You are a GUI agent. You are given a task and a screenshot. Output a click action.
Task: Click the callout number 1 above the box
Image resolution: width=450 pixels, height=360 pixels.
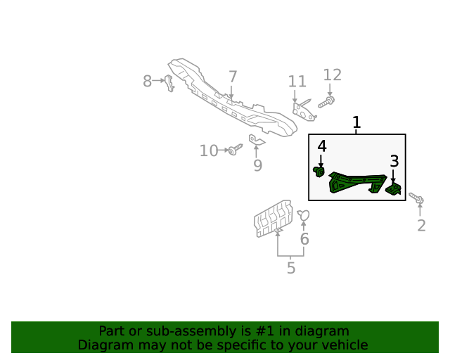[356, 123]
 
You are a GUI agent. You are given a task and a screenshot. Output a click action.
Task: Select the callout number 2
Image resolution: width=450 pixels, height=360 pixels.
[421, 226]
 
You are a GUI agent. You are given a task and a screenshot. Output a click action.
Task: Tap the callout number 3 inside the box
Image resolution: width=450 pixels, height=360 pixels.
[394, 161]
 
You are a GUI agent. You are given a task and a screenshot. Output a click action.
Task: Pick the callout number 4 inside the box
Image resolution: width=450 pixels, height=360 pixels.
[322, 146]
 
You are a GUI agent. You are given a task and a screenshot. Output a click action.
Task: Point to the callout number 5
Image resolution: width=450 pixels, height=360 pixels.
[290, 268]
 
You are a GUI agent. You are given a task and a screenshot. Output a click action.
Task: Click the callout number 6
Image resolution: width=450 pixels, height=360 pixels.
[304, 239]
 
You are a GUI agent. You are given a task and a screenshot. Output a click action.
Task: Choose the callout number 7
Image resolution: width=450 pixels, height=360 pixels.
[233, 77]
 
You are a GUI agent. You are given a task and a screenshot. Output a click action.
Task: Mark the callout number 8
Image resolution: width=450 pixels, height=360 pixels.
[147, 82]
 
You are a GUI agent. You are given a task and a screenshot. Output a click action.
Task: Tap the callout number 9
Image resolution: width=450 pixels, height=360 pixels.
[257, 165]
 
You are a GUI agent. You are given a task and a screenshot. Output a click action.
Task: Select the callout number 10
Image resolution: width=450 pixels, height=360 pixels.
[209, 150]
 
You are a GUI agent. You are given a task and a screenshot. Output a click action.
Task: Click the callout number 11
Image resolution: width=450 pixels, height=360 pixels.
[297, 82]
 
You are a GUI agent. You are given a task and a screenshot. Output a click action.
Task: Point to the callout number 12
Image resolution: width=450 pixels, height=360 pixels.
[332, 75]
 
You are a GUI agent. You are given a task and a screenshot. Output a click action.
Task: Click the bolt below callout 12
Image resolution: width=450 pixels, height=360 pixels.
[327, 103]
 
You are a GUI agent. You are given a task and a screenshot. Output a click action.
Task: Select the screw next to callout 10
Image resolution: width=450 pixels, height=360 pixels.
[235, 149]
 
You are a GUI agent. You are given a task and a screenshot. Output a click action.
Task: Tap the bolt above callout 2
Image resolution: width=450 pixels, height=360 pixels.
[417, 199]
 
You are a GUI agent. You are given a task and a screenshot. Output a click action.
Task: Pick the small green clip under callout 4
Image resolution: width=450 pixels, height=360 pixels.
[319, 171]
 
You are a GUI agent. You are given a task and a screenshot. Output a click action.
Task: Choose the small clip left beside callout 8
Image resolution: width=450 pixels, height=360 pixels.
[169, 82]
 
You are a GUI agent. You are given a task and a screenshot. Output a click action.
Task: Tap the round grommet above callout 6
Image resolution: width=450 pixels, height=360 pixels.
[303, 215]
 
